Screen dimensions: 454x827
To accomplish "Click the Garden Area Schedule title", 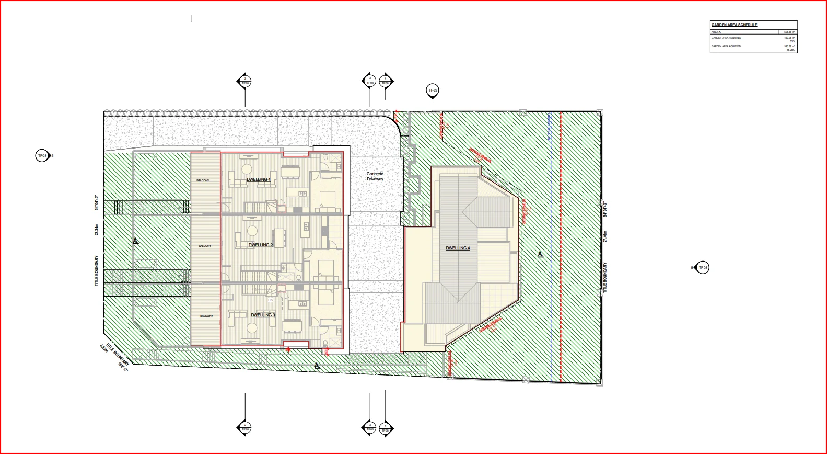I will click(734, 25).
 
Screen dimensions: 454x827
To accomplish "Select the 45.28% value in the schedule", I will click(790, 50).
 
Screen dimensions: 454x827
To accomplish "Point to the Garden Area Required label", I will click(726, 38).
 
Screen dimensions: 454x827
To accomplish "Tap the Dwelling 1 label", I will click(258, 179).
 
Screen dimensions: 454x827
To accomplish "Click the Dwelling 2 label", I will click(260, 245).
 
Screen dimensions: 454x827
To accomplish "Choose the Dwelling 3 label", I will click(263, 315).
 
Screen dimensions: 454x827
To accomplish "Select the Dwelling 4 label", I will click(458, 248).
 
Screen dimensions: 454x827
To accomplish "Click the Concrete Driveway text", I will click(375, 176).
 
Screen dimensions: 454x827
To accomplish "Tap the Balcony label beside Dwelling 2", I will click(205, 246).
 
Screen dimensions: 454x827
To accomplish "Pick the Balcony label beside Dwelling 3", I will click(206, 316).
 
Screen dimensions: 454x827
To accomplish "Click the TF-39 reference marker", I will click(433, 90).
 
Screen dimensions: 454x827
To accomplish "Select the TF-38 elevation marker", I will click(703, 268).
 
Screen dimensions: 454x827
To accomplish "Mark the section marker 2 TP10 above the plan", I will click(245, 81).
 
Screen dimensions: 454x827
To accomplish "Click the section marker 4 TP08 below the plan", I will click(385, 428).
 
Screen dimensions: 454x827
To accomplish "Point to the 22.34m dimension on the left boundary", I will click(97, 230).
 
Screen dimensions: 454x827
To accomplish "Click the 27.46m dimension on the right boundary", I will click(605, 236).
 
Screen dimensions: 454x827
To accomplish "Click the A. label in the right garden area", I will click(541, 254).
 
